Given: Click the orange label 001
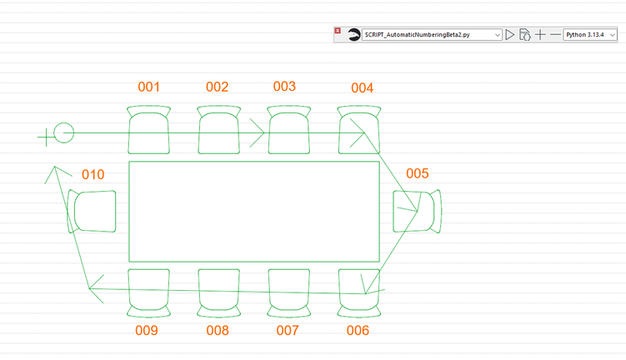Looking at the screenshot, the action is coord(148,87).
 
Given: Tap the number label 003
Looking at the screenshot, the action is coord(284,86).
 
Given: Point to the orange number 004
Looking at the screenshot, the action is coord(362,87).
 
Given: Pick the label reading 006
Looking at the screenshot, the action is coord(358,331).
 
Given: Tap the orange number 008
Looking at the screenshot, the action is coord(218,331).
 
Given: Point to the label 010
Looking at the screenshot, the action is coord(93,174).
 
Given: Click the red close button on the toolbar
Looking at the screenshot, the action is coord(338,31).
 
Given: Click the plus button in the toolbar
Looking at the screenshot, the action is coord(540,35).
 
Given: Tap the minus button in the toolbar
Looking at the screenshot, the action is coord(555,35).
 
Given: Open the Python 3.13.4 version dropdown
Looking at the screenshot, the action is coord(590,35).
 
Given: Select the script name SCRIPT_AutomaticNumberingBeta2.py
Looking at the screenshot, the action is coord(418,35).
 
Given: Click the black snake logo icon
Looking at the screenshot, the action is coord(353,35).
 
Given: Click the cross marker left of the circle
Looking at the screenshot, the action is coord(46,137).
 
